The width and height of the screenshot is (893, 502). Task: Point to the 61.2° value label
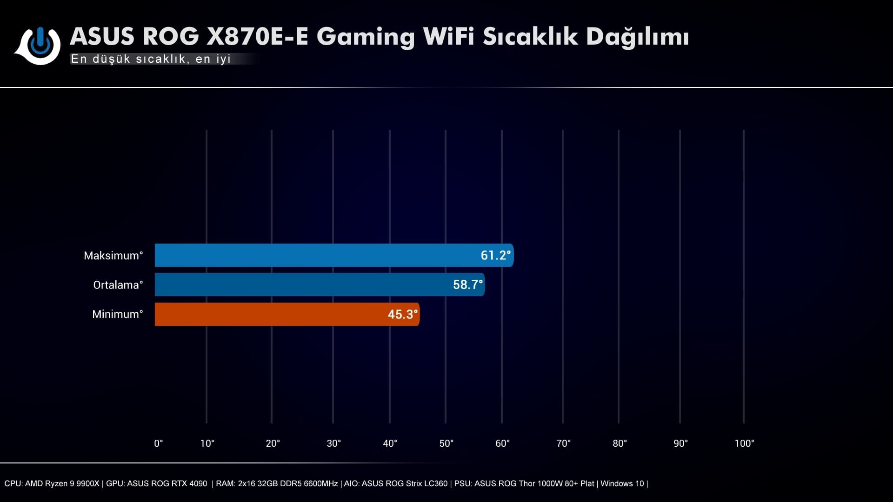click(x=495, y=255)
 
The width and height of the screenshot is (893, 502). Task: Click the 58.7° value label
click(x=468, y=284)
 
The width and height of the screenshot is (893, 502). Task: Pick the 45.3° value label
click(x=402, y=314)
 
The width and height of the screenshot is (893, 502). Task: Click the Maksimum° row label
click(x=113, y=256)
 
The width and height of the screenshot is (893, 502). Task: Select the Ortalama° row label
click(x=118, y=285)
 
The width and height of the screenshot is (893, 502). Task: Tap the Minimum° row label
click(x=118, y=314)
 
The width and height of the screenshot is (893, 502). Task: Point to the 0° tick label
click(x=159, y=443)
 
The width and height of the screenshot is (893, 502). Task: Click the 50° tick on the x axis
click(x=446, y=443)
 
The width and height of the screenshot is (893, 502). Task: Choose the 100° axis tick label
click(x=744, y=443)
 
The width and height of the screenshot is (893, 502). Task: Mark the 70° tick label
click(x=564, y=443)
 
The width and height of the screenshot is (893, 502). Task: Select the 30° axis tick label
click(x=334, y=443)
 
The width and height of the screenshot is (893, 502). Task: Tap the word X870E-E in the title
click(x=257, y=36)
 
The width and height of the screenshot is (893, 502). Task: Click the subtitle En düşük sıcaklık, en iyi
click(x=151, y=59)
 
